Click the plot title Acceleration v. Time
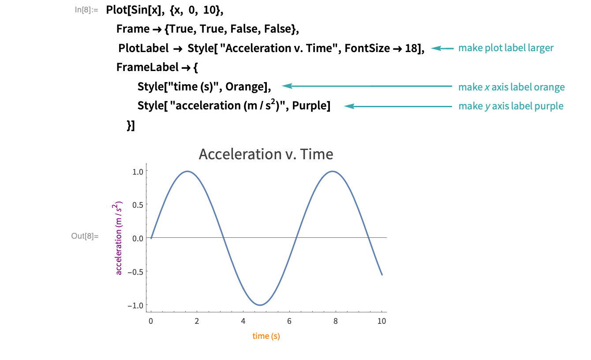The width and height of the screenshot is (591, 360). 266,154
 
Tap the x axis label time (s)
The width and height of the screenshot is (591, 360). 266,336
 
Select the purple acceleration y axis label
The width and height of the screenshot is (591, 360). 119,238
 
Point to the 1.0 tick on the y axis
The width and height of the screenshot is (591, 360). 138,171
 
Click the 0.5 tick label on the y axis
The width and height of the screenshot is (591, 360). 138,205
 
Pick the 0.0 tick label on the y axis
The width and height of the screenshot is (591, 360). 138,238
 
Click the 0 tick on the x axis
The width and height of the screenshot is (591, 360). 151,321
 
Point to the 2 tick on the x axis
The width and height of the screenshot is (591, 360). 197,321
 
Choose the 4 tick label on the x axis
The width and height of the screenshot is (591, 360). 243,321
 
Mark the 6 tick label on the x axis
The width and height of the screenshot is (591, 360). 289,321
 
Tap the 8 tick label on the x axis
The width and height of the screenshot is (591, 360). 336,321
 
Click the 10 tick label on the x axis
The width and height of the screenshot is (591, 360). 382,321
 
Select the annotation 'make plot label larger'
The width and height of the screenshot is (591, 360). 505,48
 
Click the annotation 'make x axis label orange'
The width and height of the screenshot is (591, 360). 511,87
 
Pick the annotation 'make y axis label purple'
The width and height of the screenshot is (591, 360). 511,106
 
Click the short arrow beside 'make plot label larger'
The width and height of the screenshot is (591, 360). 442,48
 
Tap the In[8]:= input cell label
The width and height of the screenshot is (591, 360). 86,9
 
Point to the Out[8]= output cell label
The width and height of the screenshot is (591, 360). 85,236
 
